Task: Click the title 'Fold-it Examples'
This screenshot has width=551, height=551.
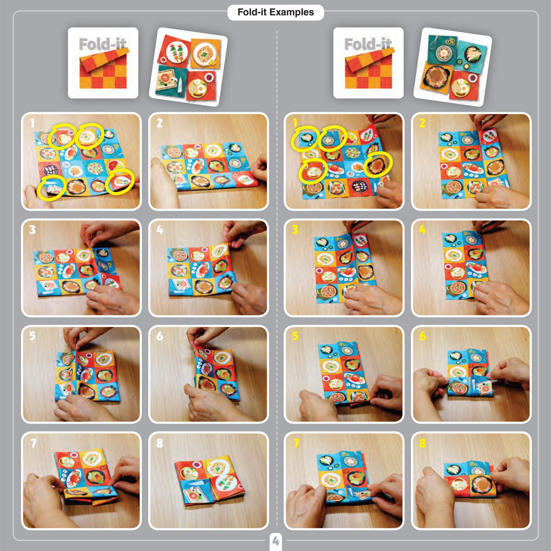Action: [275, 12]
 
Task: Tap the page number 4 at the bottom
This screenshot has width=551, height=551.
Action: [275, 541]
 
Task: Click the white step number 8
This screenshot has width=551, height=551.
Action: [159, 443]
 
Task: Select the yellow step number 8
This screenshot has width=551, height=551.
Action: [422, 443]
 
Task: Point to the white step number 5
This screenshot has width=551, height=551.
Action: [32, 336]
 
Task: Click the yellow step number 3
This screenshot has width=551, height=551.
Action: [295, 229]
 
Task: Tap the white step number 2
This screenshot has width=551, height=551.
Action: [159, 123]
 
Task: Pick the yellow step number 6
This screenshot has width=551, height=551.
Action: [422, 336]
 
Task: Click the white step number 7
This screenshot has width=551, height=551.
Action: [33, 443]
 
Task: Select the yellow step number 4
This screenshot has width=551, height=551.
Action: [422, 229]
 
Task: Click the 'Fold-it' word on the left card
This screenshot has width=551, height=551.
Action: [102, 45]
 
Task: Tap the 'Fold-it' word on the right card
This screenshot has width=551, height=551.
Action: [368, 45]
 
